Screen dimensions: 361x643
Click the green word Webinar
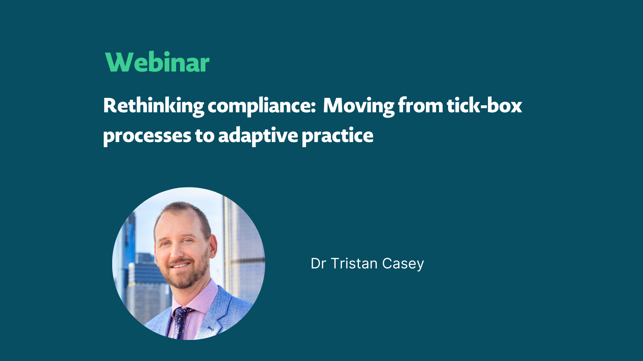157,63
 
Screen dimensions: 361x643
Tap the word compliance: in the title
262,106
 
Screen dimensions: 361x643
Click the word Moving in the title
359,106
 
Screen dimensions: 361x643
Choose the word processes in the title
147,136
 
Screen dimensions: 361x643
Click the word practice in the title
337,136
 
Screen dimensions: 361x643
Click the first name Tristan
354,264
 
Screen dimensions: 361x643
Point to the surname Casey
403,264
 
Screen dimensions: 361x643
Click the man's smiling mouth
180,265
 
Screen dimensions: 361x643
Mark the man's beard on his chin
184,281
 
